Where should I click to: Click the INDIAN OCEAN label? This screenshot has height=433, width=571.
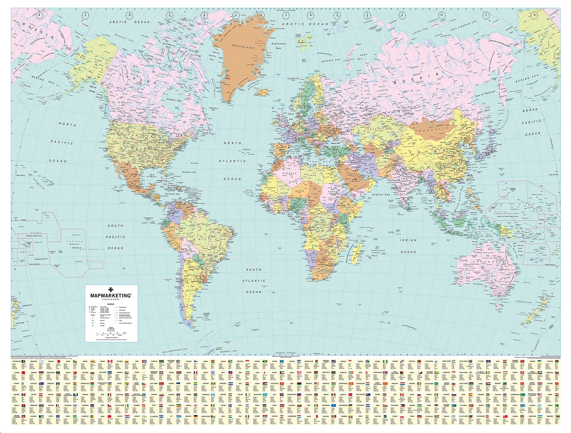point(408,246)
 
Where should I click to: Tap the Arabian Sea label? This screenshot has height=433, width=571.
point(381,194)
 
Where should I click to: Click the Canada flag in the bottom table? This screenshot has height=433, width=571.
point(110,362)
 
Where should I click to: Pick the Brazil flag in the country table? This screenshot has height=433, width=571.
point(75,416)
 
